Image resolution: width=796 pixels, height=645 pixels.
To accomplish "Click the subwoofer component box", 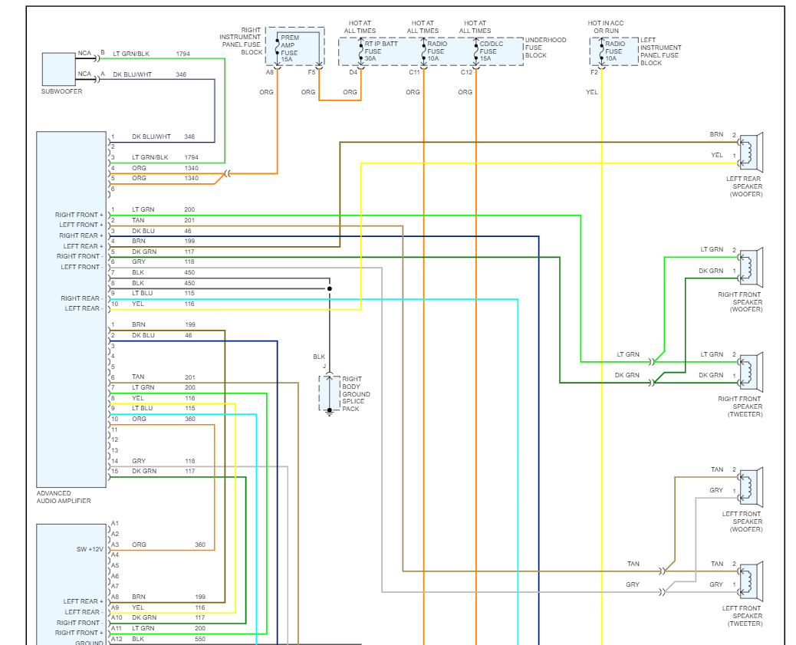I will coord(58,69).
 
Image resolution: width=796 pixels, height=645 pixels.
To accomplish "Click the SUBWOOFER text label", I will coord(61,91).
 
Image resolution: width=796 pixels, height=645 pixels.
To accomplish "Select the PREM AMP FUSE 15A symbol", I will coord(273,47).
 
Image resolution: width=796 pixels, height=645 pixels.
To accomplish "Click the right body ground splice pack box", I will coord(329,393).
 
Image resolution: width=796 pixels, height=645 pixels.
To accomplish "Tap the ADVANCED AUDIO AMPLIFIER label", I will coord(64,497).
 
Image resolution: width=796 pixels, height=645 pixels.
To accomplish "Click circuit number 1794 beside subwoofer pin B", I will coord(183,54).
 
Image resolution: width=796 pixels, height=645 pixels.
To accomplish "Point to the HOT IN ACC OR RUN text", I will coord(606,27).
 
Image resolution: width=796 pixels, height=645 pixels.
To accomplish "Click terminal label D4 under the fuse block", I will coord(354,72).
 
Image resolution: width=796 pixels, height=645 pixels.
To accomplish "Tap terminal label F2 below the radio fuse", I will coord(594,72).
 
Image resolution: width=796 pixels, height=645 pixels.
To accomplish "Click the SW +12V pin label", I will coord(89,549).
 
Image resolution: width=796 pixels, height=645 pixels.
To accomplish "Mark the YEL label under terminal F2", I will coord(591,92).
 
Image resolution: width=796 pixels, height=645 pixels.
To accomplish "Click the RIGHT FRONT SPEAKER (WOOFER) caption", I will coord(740,302).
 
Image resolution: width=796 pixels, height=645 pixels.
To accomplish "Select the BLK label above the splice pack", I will coord(319,357).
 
